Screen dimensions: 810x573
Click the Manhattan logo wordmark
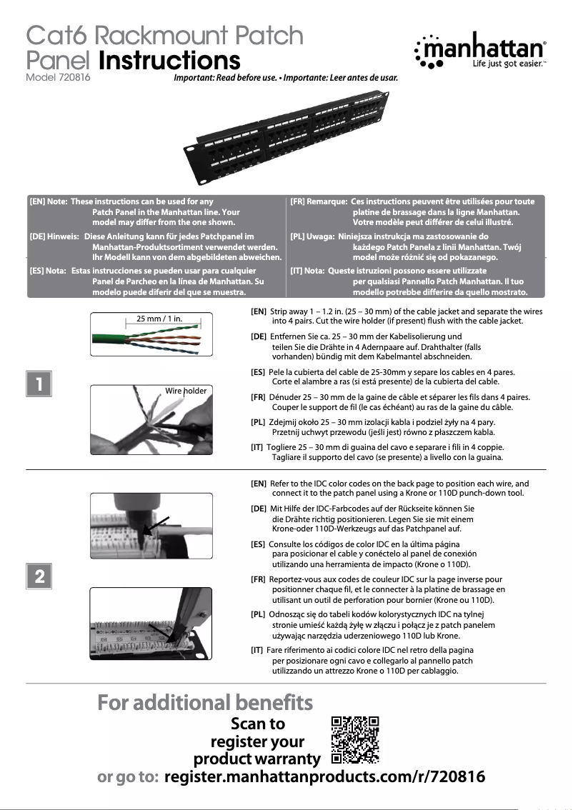[x=492, y=49]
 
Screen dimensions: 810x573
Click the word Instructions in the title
[x=169, y=60]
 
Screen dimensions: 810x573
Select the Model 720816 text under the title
[x=58, y=77]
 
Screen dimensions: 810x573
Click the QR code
[x=355, y=739]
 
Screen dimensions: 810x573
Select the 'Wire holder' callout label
[x=186, y=391]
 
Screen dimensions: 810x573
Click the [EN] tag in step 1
[x=259, y=311]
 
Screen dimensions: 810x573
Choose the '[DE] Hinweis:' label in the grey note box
[x=54, y=236]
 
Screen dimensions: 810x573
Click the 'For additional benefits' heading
[x=205, y=702]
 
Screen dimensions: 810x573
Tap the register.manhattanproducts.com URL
[x=324, y=777]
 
